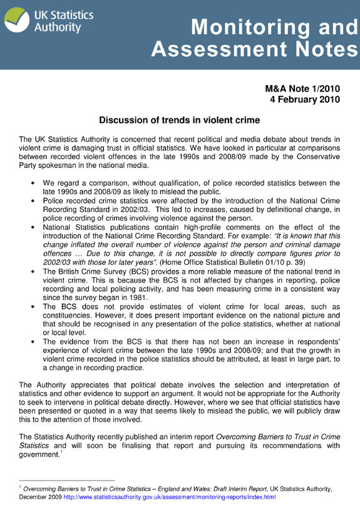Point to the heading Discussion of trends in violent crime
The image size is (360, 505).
(180, 120)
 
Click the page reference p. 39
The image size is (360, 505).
(281, 262)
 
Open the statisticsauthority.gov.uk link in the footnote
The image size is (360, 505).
(169, 496)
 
